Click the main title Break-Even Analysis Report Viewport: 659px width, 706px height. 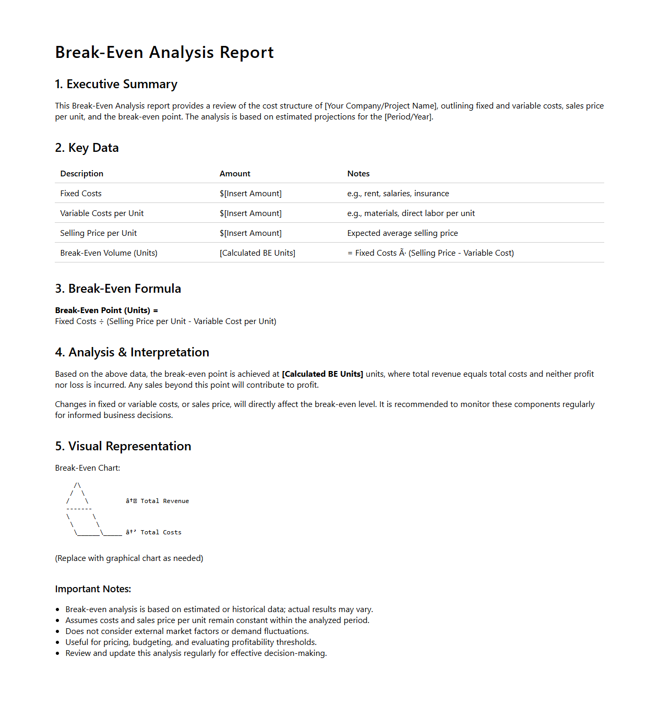tap(164, 53)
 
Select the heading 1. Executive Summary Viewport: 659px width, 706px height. tap(116, 85)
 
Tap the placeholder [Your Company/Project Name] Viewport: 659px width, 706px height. tap(381, 106)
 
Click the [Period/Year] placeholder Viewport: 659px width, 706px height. tap(408, 117)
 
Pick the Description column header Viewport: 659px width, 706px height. tap(82, 174)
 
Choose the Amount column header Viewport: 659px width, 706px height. tap(235, 174)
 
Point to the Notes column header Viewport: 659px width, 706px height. tap(358, 174)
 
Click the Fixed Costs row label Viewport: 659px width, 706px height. tap(81, 194)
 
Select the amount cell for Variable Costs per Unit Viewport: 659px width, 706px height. tap(250, 213)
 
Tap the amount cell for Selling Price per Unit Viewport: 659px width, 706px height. tap(250, 233)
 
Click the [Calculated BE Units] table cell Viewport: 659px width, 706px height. tap(257, 253)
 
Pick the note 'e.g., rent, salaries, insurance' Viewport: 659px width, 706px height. tap(398, 194)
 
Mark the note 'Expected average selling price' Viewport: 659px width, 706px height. tap(403, 233)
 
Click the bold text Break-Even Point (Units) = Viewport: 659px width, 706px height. tap(106, 310)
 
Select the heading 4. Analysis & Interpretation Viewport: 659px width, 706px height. tap(132, 353)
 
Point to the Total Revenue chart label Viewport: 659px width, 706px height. tap(164, 501)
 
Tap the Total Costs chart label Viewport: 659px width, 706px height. tap(161, 532)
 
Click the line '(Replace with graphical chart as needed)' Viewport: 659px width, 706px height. tap(129, 558)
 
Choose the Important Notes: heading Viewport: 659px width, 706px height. tap(93, 589)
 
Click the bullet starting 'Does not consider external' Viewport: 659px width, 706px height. tap(187, 631)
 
